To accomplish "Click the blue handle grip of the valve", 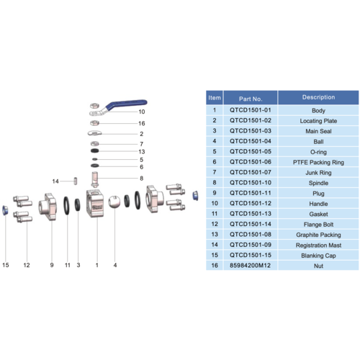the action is click(x=127, y=104).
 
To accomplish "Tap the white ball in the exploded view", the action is click(x=114, y=202).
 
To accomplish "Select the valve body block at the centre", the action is click(x=95, y=204).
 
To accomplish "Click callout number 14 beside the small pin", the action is click(x=55, y=181).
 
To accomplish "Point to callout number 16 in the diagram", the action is click(x=142, y=123).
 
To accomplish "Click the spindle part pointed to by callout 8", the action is click(x=95, y=179).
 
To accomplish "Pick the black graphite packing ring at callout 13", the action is click(x=95, y=151).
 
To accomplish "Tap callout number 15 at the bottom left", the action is click(x=6, y=265).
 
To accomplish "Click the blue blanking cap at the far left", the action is click(x=5, y=210).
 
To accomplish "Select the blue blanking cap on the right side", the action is click(x=196, y=196).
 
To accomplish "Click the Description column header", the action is click(x=318, y=97).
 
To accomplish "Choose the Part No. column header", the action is click(x=251, y=99).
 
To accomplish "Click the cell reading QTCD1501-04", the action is click(x=251, y=141).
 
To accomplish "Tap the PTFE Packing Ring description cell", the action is click(x=318, y=163).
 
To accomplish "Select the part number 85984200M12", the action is click(x=250, y=266).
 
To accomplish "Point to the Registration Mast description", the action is click(x=318, y=246).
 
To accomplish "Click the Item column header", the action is click(x=215, y=98).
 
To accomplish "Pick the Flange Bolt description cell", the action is click(x=318, y=225).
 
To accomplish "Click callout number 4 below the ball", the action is click(x=115, y=265).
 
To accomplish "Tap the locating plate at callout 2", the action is click(x=95, y=132).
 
